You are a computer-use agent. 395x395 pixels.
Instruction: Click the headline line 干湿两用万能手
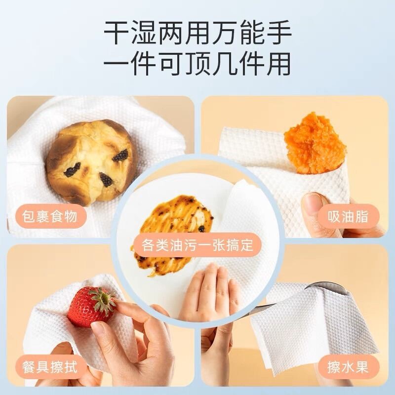[x=197, y=33]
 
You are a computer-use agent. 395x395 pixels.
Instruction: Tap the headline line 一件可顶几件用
[x=197, y=64]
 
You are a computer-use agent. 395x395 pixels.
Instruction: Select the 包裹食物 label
[x=50, y=216]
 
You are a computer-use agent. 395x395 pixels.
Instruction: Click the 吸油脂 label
[x=348, y=216]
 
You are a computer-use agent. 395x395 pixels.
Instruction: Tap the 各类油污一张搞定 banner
[x=197, y=245]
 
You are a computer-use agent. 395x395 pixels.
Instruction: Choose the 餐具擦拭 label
[x=50, y=366]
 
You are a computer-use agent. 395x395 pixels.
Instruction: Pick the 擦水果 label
[x=348, y=366]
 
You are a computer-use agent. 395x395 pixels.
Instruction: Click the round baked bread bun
[x=91, y=161]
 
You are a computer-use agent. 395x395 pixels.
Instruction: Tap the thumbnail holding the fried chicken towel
[x=313, y=199]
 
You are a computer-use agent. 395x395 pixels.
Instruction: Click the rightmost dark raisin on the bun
[x=120, y=155]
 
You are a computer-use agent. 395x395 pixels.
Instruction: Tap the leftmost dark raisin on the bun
[x=72, y=169]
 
